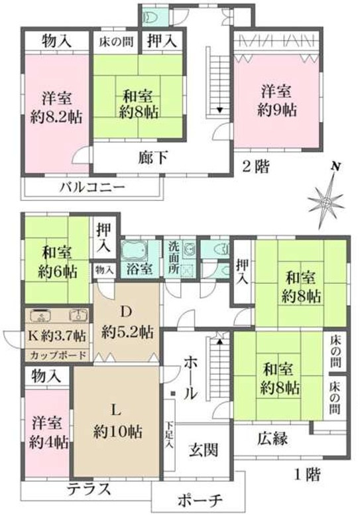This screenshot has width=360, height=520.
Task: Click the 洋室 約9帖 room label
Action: coord(277,101)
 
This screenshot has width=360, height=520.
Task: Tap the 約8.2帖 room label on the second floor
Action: coord(56,117)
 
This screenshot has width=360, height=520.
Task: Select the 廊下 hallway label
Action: coord(152,157)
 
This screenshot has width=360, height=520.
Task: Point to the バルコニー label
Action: coord(93,187)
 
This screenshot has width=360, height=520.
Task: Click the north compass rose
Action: coord(327,202)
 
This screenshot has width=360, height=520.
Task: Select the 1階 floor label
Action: coord(308,475)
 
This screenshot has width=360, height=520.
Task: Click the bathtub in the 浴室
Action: coord(135,249)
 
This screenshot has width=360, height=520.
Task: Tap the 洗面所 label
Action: coord(174,257)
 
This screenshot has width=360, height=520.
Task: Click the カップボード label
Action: coord(58,356)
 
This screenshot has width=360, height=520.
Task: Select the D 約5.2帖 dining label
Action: coord(127,322)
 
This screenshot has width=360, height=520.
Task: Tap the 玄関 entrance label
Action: coord(204,450)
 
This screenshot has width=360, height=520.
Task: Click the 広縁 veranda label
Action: coord(272,439)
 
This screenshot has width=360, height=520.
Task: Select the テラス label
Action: coord(89,489)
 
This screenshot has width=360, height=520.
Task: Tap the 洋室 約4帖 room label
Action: coord(49,432)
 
